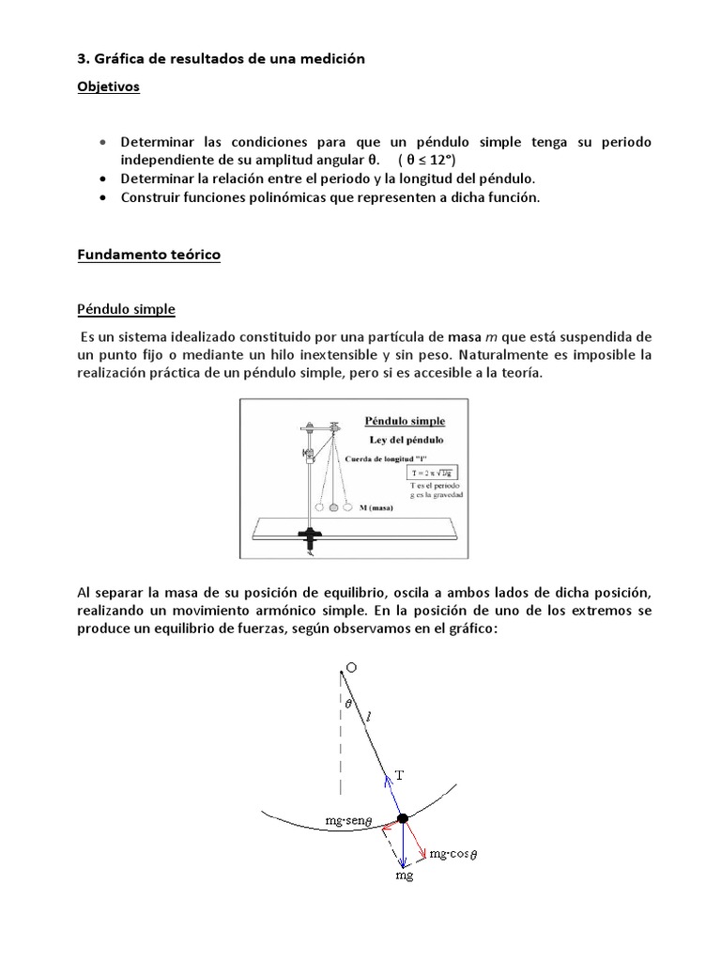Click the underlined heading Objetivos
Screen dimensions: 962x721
[x=108, y=86]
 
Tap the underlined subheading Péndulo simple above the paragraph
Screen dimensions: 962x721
[x=126, y=309]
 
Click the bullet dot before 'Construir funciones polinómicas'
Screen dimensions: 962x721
[x=102, y=197]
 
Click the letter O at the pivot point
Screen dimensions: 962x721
[x=350, y=667]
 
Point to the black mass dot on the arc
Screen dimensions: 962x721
[x=403, y=818]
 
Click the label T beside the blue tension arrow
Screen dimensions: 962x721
[x=399, y=775]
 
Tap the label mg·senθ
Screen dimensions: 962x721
[x=350, y=820]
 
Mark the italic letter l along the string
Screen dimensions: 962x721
[x=369, y=717]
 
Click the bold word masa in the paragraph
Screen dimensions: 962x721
[x=465, y=336]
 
